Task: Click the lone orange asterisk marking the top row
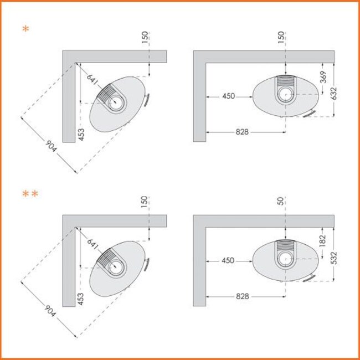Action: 25,29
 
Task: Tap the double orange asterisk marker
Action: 30,194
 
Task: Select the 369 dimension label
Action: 323,77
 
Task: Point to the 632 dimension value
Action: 334,93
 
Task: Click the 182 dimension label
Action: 322,240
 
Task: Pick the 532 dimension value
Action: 334,258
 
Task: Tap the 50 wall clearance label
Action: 281,200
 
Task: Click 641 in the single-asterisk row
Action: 92,79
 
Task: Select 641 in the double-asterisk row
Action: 92,244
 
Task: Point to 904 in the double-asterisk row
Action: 50,311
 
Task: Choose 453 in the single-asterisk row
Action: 81,135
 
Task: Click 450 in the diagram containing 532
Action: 228,260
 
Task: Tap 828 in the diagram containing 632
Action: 242,132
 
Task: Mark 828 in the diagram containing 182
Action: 242,296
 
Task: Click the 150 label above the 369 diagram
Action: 281,37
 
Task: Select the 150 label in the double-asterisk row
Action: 144,202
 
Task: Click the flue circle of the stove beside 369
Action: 286,94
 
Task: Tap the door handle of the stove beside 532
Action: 309,277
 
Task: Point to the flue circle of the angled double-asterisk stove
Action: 116,267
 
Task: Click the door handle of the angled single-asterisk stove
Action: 146,100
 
